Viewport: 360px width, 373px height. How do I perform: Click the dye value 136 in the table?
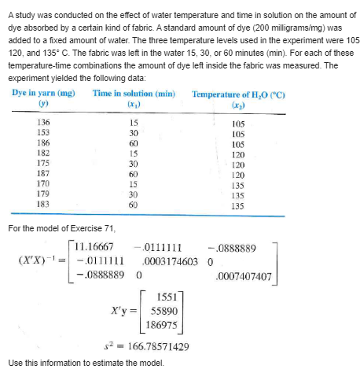45,122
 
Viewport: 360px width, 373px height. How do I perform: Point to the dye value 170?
45,178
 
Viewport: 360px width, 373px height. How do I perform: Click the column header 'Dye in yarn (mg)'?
43,93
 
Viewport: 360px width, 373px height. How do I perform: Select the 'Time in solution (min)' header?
132,93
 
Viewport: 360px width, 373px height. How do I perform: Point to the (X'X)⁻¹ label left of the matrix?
36,260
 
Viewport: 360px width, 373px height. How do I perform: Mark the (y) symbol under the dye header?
43,103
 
